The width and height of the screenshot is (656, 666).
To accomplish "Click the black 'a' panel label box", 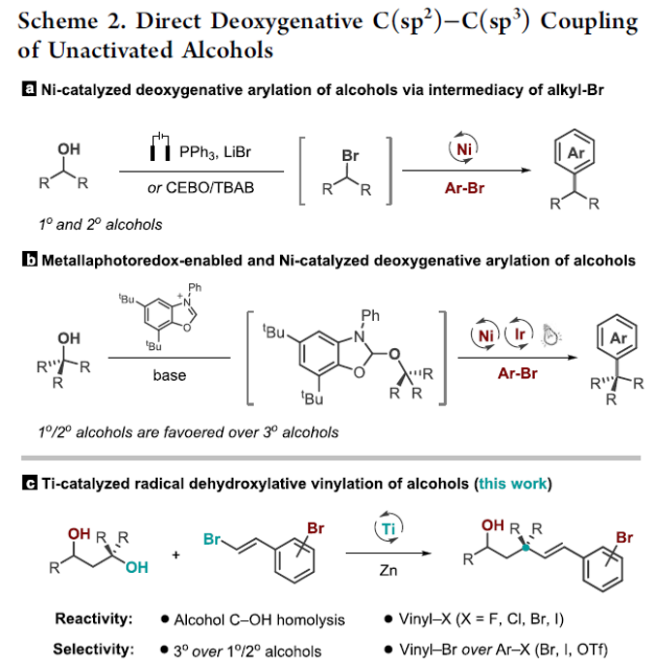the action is (x=29, y=89).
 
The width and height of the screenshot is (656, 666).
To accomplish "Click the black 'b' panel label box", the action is (x=29, y=260).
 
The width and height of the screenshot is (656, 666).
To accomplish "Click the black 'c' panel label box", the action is (x=29, y=484).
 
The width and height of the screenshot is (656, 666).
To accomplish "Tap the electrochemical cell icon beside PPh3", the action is (x=160, y=146).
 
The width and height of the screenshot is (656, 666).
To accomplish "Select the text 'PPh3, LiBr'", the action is (x=215, y=152).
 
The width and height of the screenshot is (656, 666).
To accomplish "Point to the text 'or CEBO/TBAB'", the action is (x=201, y=187).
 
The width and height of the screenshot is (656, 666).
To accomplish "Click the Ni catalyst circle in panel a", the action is (x=463, y=148).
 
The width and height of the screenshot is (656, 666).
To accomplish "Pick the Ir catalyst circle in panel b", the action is (x=518, y=334).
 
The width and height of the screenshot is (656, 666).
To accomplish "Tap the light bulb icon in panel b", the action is (x=550, y=334).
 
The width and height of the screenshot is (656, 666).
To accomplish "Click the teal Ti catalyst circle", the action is (x=389, y=528).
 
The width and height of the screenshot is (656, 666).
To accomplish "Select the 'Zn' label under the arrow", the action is (x=389, y=570).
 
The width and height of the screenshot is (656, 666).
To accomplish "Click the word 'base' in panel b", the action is (x=170, y=375).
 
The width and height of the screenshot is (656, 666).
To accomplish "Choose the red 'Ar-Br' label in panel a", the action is (x=464, y=188).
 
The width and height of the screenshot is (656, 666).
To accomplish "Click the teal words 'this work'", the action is (x=513, y=484).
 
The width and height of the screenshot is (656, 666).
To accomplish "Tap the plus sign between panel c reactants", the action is (x=175, y=555).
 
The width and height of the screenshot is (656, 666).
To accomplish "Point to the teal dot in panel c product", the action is (x=525, y=548).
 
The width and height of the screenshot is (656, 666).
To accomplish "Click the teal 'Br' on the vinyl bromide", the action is (x=212, y=539).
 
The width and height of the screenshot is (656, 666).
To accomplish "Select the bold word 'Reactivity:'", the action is (x=94, y=618).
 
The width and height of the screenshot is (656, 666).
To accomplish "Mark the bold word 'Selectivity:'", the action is (x=93, y=649).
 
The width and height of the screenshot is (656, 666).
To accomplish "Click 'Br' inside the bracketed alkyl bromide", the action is (x=350, y=155).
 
